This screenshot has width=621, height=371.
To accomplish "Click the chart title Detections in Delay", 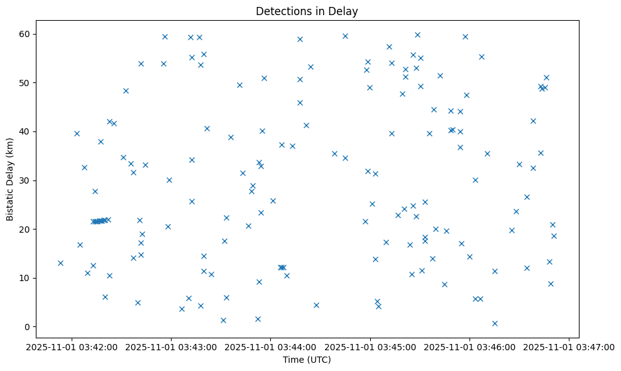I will click(x=307, y=11).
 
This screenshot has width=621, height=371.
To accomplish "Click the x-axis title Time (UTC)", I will click(x=307, y=360).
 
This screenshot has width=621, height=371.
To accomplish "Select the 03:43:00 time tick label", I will click(x=171, y=346).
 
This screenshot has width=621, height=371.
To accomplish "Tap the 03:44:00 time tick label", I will click(x=271, y=346).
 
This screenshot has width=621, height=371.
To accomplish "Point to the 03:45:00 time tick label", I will click(x=370, y=346).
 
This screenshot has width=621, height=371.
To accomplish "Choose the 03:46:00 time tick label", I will click(x=470, y=346).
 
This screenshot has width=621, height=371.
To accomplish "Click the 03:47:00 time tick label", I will click(x=569, y=346).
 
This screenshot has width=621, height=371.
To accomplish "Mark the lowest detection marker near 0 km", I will click(x=495, y=323).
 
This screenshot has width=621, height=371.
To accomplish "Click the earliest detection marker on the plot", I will click(x=60, y=263).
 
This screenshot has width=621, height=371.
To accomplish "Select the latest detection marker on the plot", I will click(x=554, y=236).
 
